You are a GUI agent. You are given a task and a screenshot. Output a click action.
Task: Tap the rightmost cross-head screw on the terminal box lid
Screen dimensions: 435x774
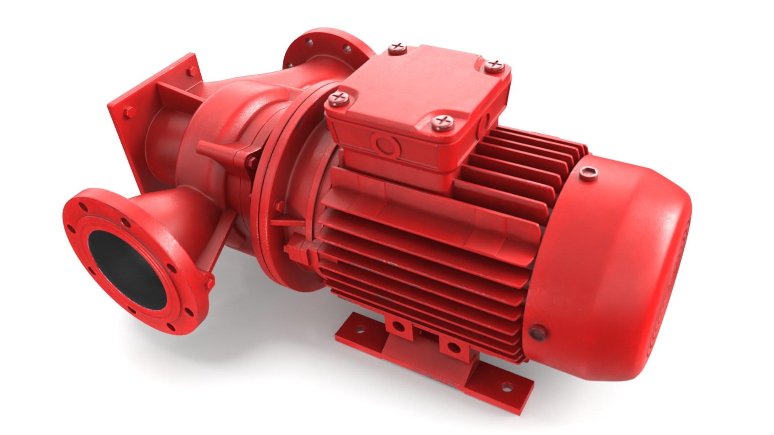(495, 65)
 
